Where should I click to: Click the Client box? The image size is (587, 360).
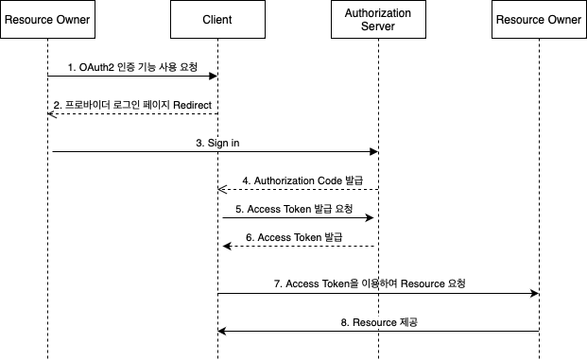pyautogui.click(x=217, y=20)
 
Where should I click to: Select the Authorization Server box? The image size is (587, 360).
pyautogui.click(x=378, y=20)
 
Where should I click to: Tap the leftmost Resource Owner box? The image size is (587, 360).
pyautogui.click(x=47, y=20)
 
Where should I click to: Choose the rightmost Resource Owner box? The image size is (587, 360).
pyautogui.click(x=539, y=20)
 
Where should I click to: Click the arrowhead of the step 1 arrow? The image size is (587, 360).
pyautogui.click(x=213, y=76)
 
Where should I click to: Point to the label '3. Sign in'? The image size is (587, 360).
pyautogui.click(x=217, y=143)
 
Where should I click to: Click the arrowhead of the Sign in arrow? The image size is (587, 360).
pyautogui.click(x=373, y=151)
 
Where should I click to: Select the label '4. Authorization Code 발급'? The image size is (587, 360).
pyautogui.click(x=302, y=180)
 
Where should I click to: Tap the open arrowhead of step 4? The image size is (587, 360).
pyautogui.click(x=222, y=189)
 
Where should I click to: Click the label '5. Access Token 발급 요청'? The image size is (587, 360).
pyautogui.click(x=294, y=209)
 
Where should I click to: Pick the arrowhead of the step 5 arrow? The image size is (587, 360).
pyautogui.click(x=370, y=218)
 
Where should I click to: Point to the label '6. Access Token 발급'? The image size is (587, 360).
pyautogui.click(x=294, y=237)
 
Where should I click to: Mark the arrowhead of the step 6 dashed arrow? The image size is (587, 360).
pyautogui.click(x=227, y=246)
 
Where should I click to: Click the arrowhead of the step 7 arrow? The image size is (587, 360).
pyautogui.click(x=535, y=294)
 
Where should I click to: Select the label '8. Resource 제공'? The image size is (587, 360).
pyautogui.click(x=379, y=322)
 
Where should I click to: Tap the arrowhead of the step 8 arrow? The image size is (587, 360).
pyautogui.click(x=222, y=332)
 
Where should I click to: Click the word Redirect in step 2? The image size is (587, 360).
pyautogui.click(x=193, y=105)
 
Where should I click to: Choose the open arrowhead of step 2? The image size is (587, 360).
pyautogui.click(x=52, y=113)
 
